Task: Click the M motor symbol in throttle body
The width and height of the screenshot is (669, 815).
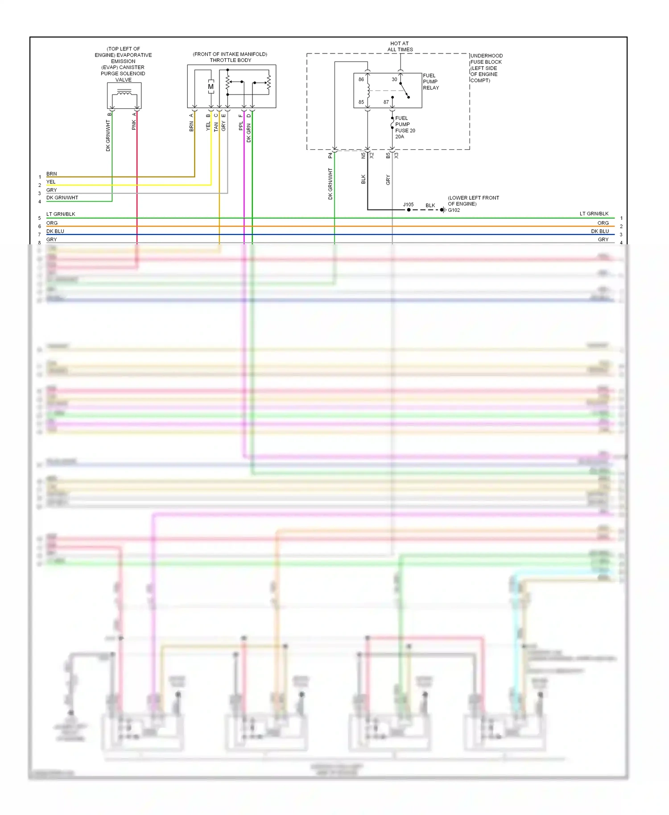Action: click(x=211, y=86)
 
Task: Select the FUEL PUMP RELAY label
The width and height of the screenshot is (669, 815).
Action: click(x=430, y=82)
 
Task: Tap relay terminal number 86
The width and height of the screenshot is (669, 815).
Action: click(x=361, y=79)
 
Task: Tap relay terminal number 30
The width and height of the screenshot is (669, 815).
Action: click(x=394, y=79)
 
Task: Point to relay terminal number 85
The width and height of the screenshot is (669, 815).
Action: click(x=361, y=102)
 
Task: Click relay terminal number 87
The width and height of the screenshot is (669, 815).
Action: click(x=386, y=102)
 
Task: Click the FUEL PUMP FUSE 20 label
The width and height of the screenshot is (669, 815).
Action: click(x=405, y=127)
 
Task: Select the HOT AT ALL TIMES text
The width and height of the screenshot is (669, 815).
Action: click(x=400, y=46)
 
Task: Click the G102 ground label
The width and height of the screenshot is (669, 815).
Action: click(x=454, y=210)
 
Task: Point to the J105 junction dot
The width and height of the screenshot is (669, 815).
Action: click(x=409, y=210)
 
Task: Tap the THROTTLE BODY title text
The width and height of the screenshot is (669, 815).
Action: click(x=230, y=60)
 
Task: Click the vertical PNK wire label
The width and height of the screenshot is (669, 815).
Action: click(x=134, y=125)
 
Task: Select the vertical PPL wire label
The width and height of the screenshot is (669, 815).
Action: click(x=241, y=126)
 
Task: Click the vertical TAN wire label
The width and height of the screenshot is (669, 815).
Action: click(x=216, y=127)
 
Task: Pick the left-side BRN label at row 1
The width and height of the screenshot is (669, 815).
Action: click(x=52, y=174)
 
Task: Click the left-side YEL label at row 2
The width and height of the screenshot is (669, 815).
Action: click(x=51, y=182)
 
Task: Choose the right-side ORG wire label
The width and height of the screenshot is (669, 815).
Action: click(x=603, y=223)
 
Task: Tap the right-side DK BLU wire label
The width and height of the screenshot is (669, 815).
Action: click(x=600, y=231)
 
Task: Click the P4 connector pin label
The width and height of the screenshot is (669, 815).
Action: click(x=330, y=156)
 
